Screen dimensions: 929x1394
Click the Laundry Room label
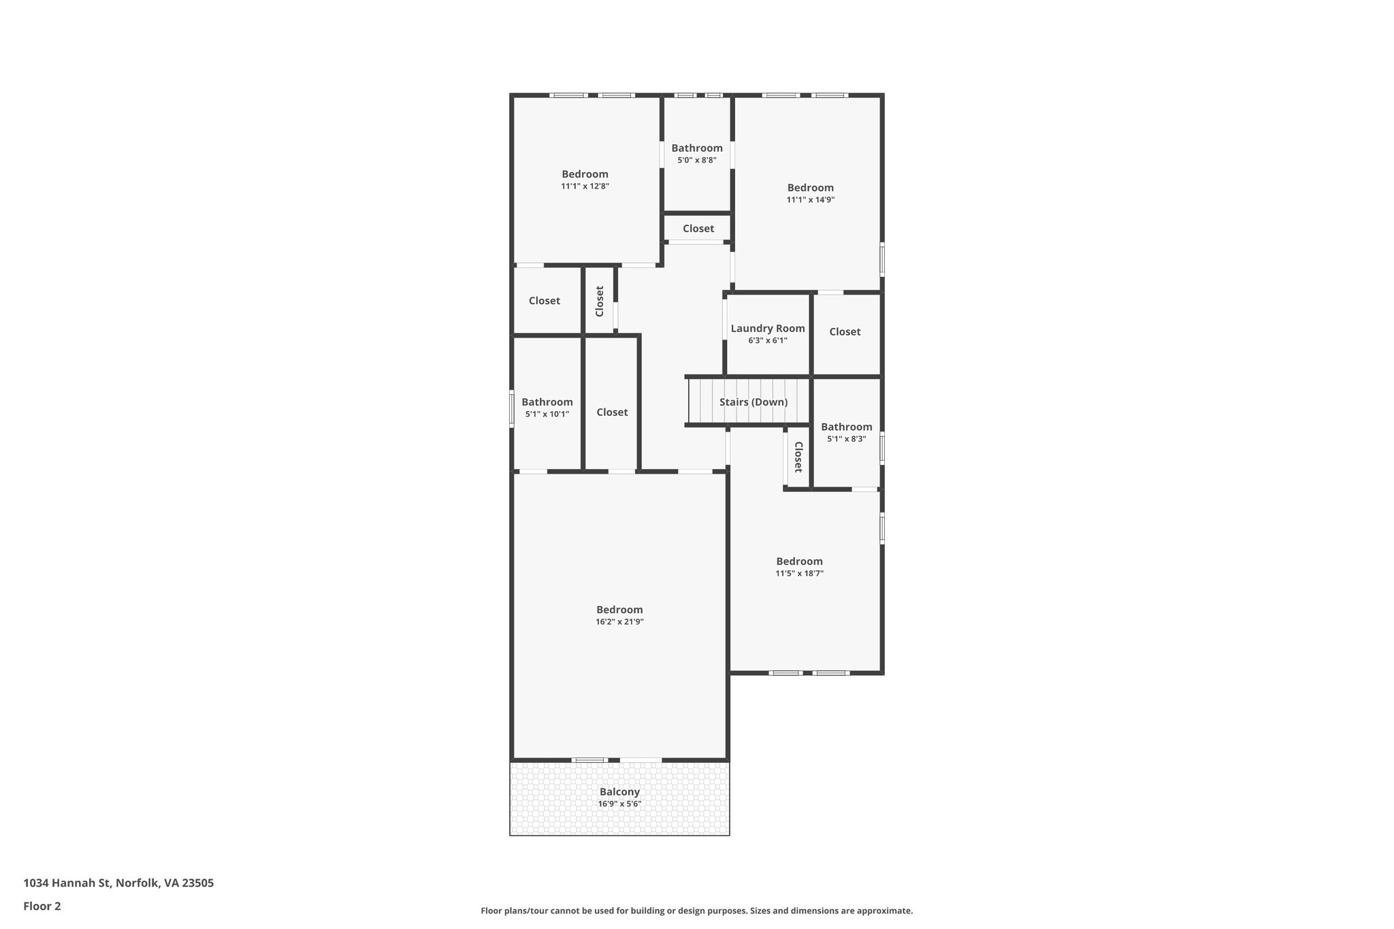768,329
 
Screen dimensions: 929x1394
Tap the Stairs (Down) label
753,402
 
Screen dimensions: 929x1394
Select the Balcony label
619,792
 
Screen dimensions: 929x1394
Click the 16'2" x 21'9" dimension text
619,621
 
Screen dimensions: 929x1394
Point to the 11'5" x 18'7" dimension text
799,573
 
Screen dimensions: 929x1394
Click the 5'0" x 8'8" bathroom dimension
696,160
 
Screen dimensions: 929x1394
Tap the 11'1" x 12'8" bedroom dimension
585,186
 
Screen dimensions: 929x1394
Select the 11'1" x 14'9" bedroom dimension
810,199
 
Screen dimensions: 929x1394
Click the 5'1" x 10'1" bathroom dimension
547,414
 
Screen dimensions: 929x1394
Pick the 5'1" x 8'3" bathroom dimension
846,439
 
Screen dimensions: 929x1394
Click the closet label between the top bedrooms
698,229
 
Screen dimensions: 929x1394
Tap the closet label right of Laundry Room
845,331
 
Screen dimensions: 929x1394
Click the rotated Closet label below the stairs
798,457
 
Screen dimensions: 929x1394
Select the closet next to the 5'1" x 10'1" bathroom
612,412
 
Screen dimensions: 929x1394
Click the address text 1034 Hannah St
118,883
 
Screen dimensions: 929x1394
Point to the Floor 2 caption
42,906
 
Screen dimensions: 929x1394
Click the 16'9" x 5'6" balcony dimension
619,804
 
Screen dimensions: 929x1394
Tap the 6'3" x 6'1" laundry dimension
768,340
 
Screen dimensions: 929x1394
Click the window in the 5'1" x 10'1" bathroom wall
512,408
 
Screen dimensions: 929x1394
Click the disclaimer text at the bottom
696,911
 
